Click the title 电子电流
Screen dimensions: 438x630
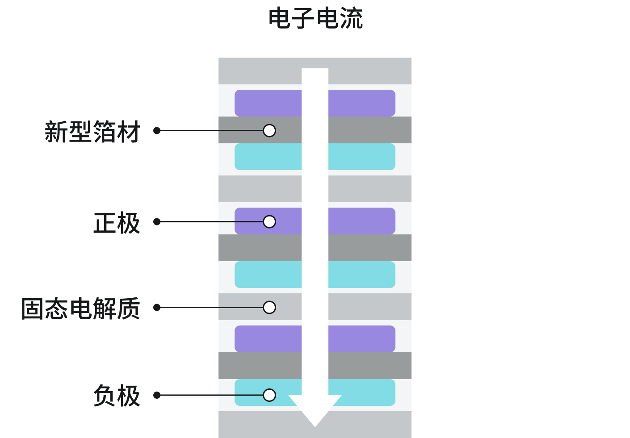click(x=315, y=19)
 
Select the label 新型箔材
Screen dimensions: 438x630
click(x=92, y=132)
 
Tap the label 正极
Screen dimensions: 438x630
click(x=117, y=223)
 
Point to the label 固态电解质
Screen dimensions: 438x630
click(x=80, y=309)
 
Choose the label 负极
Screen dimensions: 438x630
click(x=117, y=396)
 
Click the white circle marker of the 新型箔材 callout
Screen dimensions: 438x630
click(x=269, y=130)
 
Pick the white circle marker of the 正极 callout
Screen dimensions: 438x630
click(x=269, y=221)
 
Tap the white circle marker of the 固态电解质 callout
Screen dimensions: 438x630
click(x=269, y=307)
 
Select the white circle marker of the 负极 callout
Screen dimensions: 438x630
click(x=269, y=395)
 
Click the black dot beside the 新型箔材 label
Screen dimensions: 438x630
click(x=157, y=130)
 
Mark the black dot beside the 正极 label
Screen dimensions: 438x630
click(x=157, y=221)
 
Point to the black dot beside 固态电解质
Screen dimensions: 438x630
click(x=157, y=307)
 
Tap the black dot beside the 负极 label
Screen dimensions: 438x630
click(x=157, y=395)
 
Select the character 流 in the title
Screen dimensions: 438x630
click(x=351, y=19)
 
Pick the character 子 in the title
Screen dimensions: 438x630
click(x=303, y=19)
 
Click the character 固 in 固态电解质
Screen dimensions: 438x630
click(x=33, y=309)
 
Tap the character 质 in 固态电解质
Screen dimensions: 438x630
click(x=129, y=309)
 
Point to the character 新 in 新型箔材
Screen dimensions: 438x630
click(x=56, y=132)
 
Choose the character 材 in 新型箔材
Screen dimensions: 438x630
click(x=129, y=132)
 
